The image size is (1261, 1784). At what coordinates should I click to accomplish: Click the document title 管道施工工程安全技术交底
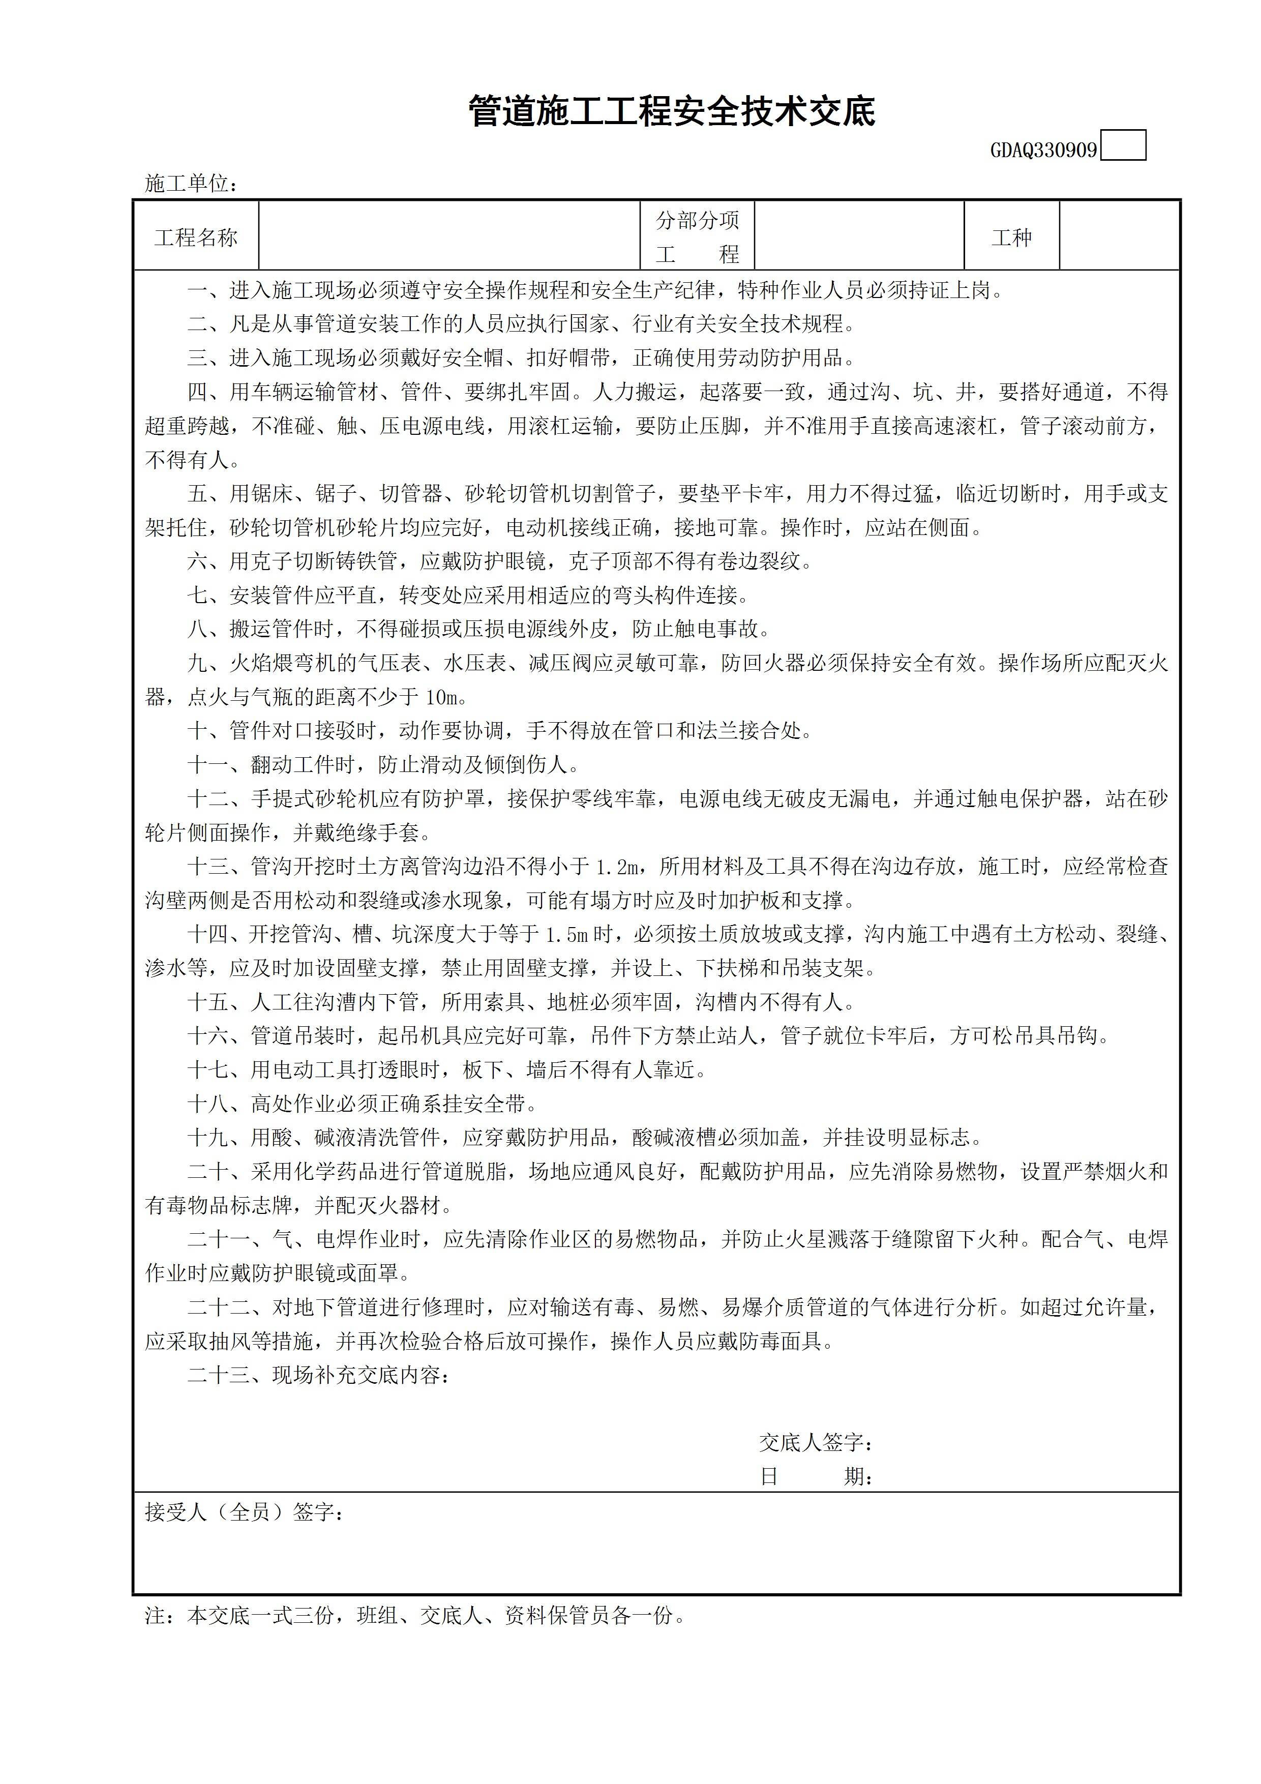click(672, 112)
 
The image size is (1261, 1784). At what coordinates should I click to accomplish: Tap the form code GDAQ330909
click(1043, 151)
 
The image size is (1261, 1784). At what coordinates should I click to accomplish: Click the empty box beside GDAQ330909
click(1124, 146)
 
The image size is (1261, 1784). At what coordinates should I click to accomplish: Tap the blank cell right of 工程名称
click(449, 236)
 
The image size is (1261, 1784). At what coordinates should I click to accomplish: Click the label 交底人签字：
click(816, 1443)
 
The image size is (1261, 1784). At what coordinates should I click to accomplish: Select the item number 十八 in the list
click(207, 1104)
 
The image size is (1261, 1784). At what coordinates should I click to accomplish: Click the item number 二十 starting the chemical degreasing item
click(207, 1172)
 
